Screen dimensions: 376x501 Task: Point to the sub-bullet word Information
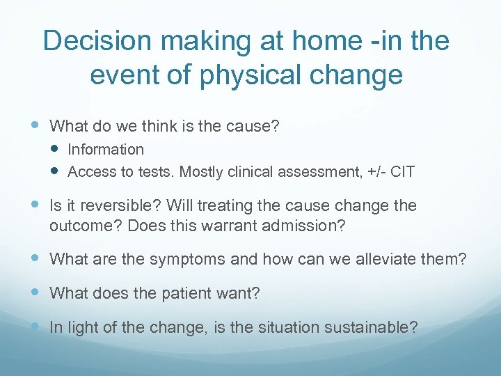point(106,149)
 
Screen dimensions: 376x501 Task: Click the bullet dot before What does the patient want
point(36,292)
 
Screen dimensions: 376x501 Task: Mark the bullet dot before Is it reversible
point(36,205)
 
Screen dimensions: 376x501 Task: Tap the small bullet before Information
point(56,149)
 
